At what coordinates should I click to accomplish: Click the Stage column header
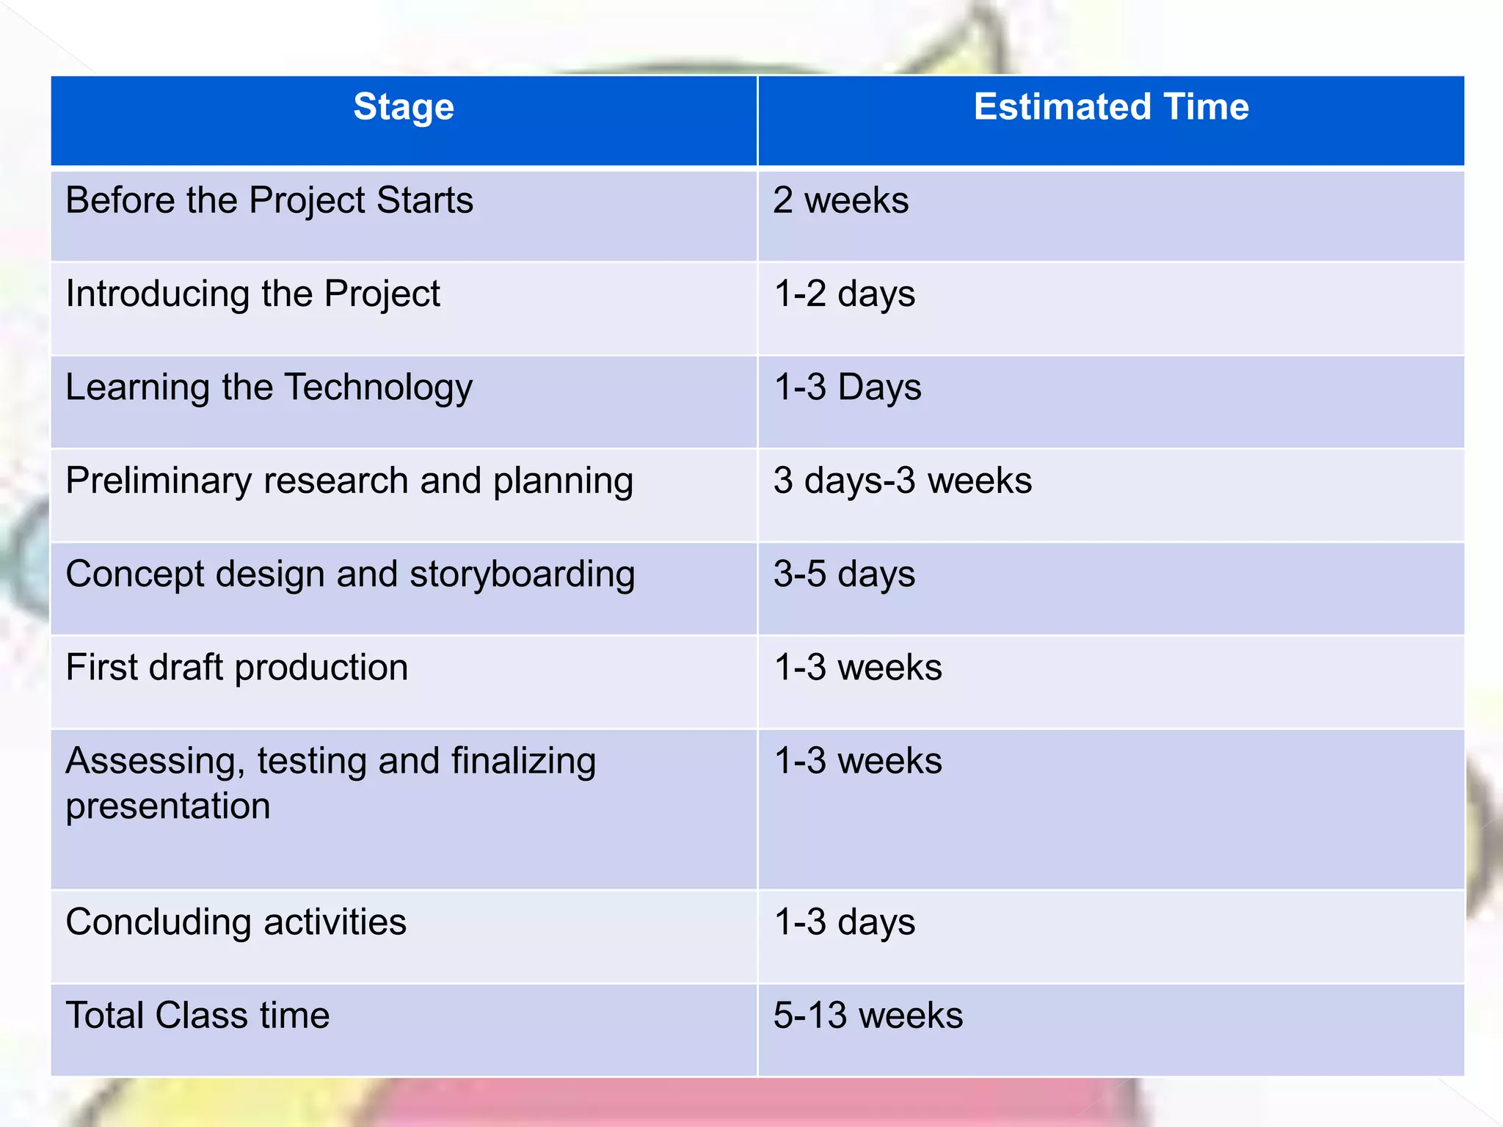click(404, 108)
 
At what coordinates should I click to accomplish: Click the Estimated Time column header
click(1110, 107)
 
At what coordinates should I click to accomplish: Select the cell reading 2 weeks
click(840, 200)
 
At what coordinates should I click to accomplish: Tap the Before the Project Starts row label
click(269, 200)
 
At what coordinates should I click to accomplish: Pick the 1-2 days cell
click(844, 294)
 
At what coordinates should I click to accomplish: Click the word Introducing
click(158, 294)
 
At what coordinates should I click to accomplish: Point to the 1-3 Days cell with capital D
click(847, 387)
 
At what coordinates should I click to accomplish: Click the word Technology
click(378, 387)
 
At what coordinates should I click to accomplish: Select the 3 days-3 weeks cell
click(902, 481)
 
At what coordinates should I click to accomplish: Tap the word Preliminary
click(159, 481)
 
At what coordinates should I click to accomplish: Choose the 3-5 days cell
click(844, 574)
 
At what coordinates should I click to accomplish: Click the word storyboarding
click(522, 574)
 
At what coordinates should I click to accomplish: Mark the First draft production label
click(236, 668)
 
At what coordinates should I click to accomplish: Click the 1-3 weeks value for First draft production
click(857, 668)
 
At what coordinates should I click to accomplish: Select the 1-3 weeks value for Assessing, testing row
click(857, 761)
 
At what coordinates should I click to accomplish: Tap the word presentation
click(168, 806)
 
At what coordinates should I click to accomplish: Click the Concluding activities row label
click(236, 922)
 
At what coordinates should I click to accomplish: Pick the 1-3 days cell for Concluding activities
click(844, 922)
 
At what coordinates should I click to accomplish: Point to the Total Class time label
click(197, 1015)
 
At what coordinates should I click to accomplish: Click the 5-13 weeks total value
click(867, 1015)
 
